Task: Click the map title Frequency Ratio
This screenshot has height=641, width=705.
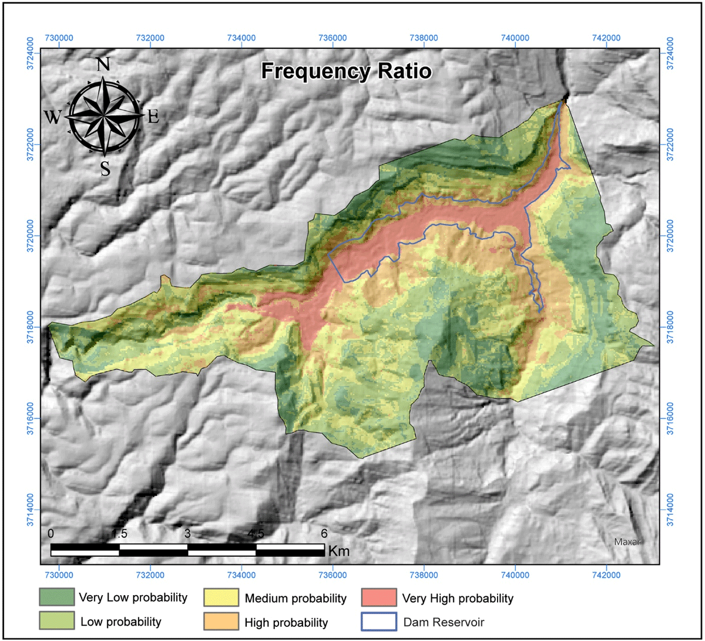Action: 347,72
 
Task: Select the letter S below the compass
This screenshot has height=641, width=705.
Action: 105,169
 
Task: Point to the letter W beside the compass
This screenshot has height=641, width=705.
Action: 53,118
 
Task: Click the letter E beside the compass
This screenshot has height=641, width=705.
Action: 153,117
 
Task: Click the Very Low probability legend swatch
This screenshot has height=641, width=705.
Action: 57,597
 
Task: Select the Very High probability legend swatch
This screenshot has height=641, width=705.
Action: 379,598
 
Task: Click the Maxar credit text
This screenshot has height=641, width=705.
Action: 626,541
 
